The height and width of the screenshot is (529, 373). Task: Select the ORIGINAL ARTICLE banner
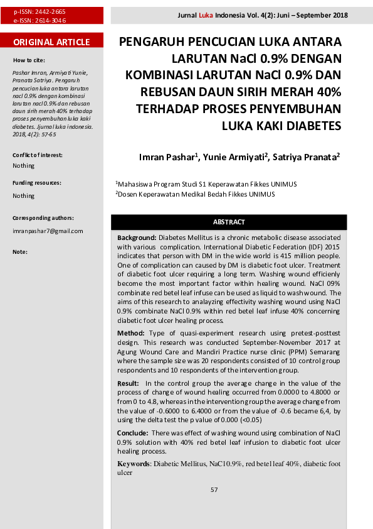(51, 43)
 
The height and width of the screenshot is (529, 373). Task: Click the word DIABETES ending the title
(313, 126)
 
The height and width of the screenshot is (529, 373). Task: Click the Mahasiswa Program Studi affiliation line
(207, 185)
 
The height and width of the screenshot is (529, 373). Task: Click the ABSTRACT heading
(229, 222)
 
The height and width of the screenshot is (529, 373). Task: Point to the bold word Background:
(137, 239)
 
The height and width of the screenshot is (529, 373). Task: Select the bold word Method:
(132, 332)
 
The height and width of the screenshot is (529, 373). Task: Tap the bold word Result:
(129, 383)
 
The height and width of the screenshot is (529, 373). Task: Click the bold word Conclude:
(133, 434)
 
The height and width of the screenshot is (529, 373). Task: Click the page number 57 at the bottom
(214, 490)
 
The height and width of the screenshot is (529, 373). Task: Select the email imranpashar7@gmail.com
(48, 231)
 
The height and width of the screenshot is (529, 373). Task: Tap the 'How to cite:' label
(29, 60)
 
